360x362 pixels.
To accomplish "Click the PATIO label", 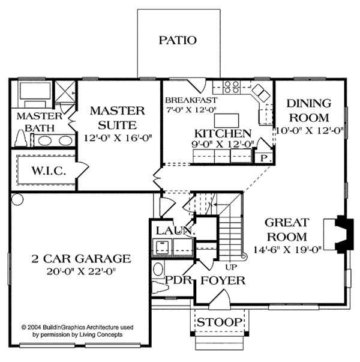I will (178, 41).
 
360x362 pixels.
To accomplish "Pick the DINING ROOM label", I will (308, 110).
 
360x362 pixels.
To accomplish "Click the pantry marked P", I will (264, 157).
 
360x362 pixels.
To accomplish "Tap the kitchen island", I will (223, 118).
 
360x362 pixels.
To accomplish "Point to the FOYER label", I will (222, 280).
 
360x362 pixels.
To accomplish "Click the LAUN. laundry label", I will (174, 231).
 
